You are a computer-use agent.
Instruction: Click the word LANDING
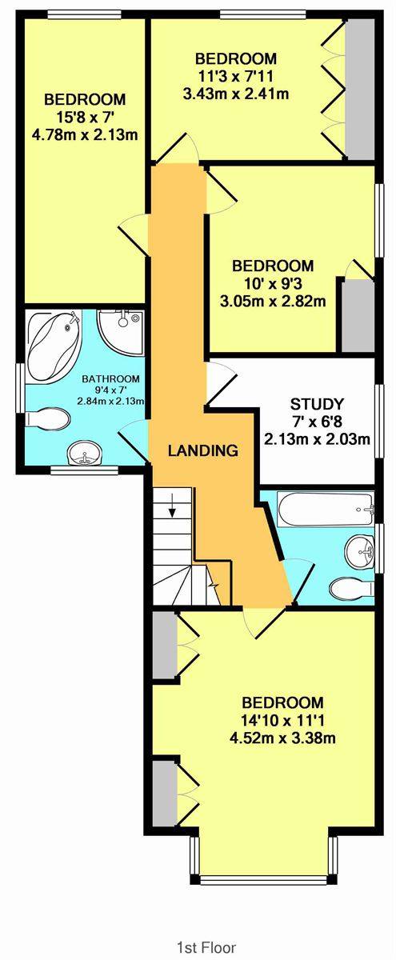click(202, 450)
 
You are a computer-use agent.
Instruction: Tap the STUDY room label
click(317, 404)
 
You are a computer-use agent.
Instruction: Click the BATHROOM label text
click(110, 379)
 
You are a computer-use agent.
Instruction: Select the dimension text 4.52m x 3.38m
click(282, 738)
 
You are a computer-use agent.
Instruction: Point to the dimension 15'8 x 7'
click(85, 117)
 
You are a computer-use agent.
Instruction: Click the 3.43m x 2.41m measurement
click(236, 94)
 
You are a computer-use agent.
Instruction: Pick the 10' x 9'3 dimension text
click(273, 283)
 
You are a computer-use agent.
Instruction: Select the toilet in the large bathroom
click(47, 418)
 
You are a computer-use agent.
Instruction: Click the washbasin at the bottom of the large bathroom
click(85, 453)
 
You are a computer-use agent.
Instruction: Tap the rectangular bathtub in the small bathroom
click(326, 509)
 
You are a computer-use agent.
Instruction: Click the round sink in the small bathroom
click(360, 553)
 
